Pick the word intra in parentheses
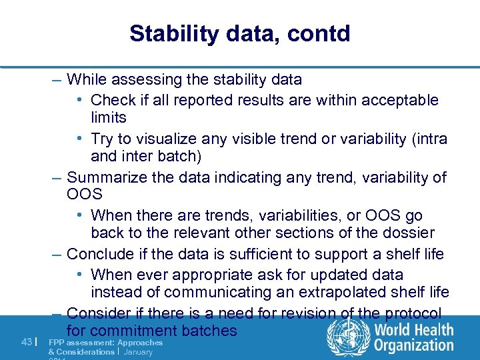click(432, 139)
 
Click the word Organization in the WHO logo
click(413, 345)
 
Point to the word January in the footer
click(138, 351)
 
